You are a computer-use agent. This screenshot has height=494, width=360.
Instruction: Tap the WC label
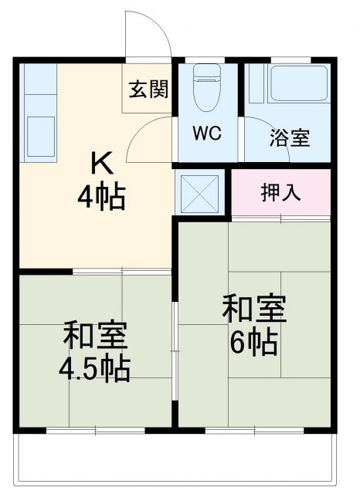click(x=206, y=133)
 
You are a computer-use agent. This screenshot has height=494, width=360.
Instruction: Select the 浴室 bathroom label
click(x=290, y=138)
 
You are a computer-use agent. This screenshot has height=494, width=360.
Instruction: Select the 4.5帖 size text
click(x=96, y=369)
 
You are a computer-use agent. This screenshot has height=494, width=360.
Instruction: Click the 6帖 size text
click(x=254, y=342)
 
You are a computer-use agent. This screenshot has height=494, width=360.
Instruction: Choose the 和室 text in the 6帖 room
click(x=254, y=309)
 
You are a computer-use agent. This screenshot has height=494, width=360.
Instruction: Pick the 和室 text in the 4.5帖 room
click(x=96, y=337)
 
